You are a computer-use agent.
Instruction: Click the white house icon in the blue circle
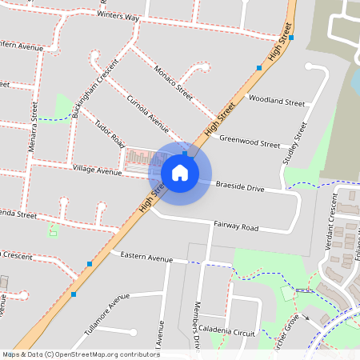pos(180,173)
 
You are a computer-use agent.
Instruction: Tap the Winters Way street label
pos(118,18)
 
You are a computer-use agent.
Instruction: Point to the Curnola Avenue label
pos(149,114)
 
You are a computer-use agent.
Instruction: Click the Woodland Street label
pos(276,102)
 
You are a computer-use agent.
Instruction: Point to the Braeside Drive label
pos(240,188)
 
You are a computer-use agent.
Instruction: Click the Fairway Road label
pos(237,227)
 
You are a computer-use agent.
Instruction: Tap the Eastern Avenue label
pos(146,258)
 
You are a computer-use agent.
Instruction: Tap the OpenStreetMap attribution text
pos(80,354)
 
